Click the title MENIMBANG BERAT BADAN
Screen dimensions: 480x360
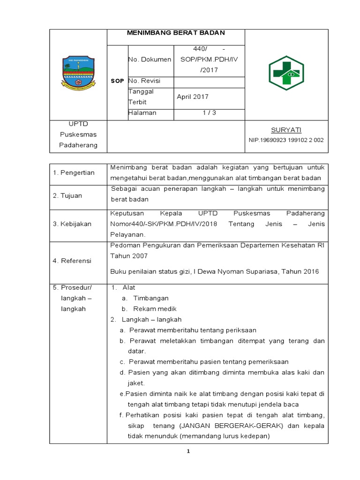(176, 33)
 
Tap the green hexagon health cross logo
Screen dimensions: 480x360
(286, 73)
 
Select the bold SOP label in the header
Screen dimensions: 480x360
(117, 81)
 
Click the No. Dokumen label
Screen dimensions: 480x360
(150, 60)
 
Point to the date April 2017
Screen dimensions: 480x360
(193, 97)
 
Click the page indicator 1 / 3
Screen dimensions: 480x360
(209, 113)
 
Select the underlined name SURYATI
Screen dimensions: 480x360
(286, 129)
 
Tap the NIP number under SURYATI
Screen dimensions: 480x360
(286, 140)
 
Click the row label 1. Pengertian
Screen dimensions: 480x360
(74, 173)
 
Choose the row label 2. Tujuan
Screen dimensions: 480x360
(67, 196)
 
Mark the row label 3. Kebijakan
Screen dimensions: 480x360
(72, 225)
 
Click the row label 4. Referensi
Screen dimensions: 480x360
(72, 261)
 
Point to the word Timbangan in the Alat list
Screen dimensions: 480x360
(151, 298)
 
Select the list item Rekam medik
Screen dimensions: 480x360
(155, 309)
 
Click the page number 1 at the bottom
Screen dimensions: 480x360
(188, 451)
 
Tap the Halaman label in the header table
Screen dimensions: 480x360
(142, 113)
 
